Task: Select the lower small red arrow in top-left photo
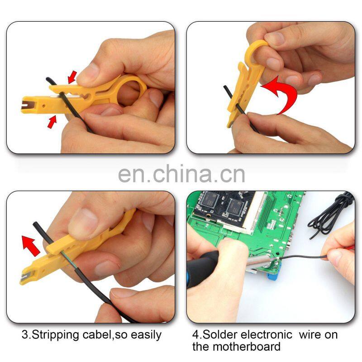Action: click(52, 120)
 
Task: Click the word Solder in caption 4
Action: click(221, 335)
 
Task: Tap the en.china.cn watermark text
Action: click(181, 174)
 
